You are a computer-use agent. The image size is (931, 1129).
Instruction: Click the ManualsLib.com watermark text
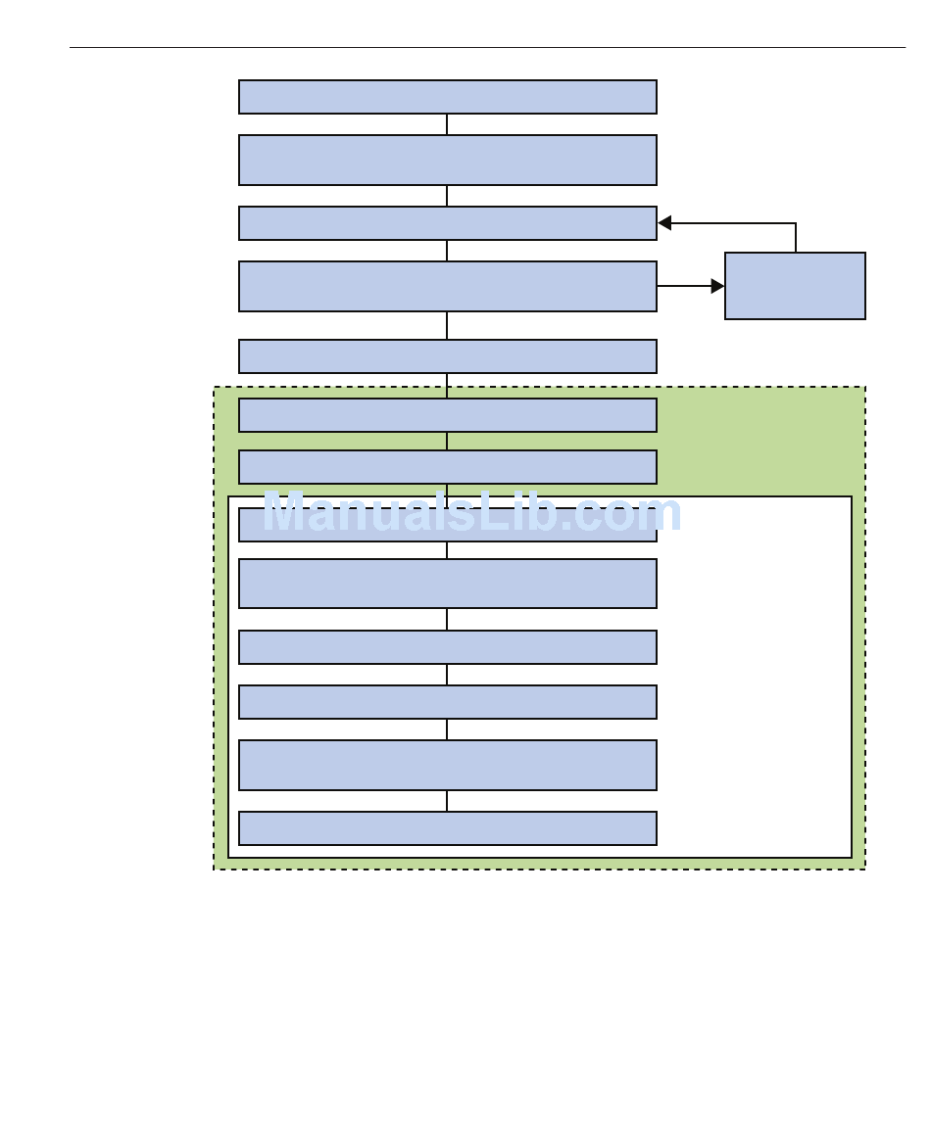tap(472, 512)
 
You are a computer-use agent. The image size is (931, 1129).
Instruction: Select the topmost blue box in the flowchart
tap(448, 97)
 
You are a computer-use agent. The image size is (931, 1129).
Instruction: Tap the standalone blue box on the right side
tap(795, 286)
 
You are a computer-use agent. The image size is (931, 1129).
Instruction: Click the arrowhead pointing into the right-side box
tap(717, 286)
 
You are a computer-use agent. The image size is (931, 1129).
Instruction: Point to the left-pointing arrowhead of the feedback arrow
tap(664, 223)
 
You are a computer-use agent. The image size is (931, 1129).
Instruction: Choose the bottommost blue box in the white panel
tap(448, 828)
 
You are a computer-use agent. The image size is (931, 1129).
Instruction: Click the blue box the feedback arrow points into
tap(448, 223)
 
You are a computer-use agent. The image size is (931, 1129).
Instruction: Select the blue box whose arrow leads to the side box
tap(448, 286)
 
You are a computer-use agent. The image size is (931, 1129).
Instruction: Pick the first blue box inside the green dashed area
tap(448, 415)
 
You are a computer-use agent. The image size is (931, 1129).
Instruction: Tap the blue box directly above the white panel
tap(448, 467)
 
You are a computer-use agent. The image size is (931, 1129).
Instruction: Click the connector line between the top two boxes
tap(447, 123)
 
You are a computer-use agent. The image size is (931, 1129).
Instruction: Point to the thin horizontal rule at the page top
tap(487, 48)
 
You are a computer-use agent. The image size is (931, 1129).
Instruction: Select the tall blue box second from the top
tap(448, 160)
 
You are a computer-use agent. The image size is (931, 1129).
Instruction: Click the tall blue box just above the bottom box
tap(448, 765)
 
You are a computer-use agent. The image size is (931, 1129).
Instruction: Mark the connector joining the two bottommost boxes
tap(447, 801)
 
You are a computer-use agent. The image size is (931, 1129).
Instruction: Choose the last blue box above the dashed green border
tap(448, 356)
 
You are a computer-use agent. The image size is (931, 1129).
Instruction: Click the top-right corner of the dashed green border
tap(865, 387)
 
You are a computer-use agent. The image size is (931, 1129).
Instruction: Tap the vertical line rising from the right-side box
tap(796, 238)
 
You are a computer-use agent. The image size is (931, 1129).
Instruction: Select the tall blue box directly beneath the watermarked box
tap(448, 584)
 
